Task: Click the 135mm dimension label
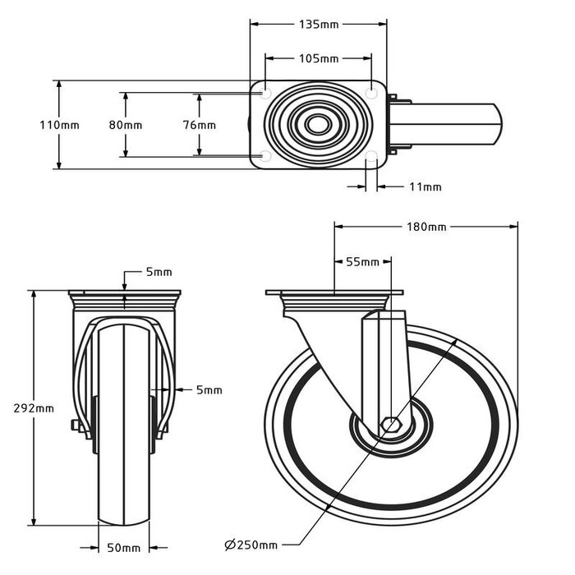tap(318, 25)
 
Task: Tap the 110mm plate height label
tap(59, 125)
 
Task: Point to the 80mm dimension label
tap(125, 125)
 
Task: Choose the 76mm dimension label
tap(199, 125)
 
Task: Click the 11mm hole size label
tap(425, 187)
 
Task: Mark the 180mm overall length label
tap(425, 227)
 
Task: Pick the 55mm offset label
tap(362, 262)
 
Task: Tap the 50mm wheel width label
tap(124, 548)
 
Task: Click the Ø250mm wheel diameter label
tap(251, 544)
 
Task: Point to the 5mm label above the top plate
tap(157, 272)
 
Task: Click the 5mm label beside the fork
tap(209, 390)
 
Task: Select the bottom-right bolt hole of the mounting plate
tap(370, 156)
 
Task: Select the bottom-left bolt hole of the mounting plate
tap(265, 156)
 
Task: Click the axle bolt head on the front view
tap(75, 425)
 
